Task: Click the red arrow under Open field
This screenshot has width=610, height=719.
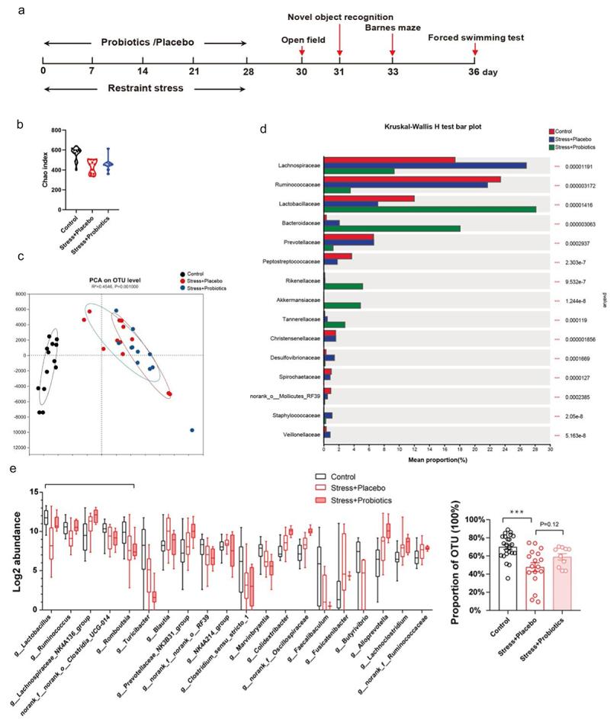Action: coord(303,52)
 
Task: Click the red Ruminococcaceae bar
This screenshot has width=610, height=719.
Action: coord(413,179)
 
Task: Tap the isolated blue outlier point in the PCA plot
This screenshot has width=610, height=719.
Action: coord(192,431)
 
